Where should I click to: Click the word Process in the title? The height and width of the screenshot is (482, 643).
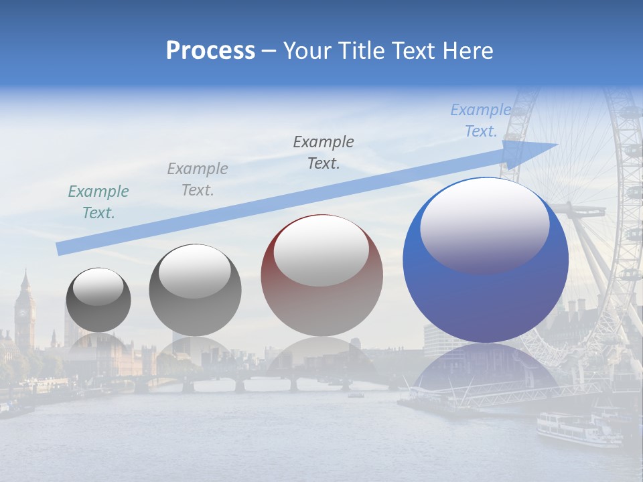(x=210, y=51)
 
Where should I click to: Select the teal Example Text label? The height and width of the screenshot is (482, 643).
(x=98, y=202)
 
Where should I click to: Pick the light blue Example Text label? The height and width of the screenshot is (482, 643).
(x=481, y=120)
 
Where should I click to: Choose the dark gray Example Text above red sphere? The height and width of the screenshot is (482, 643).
(x=324, y=152)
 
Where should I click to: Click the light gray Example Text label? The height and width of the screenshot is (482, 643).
(x=198, y=179)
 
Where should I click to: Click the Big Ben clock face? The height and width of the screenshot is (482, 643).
(x=25, y=311)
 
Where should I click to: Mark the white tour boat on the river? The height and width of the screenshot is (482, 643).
(x=577, y=428)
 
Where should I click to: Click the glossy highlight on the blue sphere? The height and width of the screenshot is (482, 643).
(x=484, y=224)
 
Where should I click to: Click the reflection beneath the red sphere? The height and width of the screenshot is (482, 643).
(x=321, y=361)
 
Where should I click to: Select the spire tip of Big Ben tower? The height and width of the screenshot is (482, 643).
(x=25, y=270)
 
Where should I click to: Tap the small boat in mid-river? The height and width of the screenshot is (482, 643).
(x=356, y=395)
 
